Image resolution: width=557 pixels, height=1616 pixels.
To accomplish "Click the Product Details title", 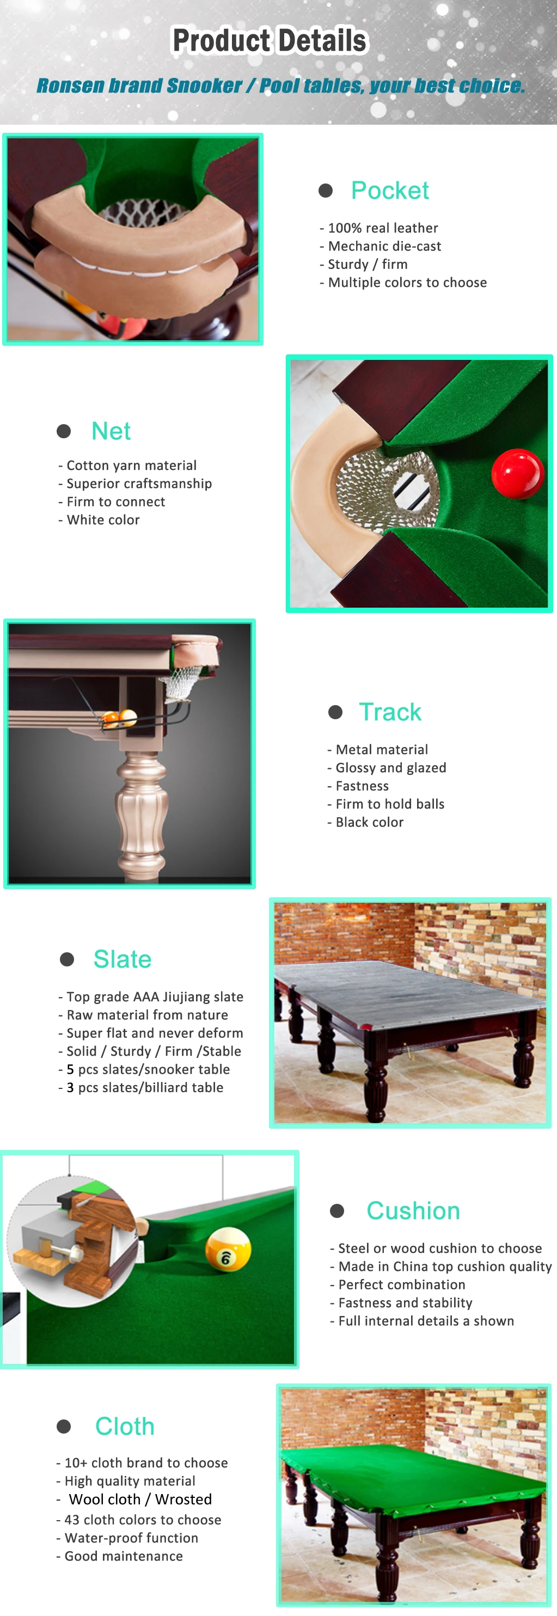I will (270, 41).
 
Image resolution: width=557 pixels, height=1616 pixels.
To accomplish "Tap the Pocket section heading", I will (389, 191).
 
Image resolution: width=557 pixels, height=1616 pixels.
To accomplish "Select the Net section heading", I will (111, 431).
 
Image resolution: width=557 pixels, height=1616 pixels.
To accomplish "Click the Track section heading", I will (389, 712).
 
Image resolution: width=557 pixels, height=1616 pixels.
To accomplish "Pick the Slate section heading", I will (123, 959).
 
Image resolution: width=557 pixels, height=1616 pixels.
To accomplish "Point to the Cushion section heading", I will (413, 1211).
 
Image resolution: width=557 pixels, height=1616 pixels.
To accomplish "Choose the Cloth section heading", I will (125, 1426).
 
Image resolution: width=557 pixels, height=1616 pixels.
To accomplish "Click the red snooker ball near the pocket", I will (516, 474).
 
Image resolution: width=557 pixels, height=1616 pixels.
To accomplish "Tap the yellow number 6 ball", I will (228, 1249).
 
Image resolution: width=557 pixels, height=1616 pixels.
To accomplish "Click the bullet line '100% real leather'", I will (383, 228).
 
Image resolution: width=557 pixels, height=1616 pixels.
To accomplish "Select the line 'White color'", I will (103, 520).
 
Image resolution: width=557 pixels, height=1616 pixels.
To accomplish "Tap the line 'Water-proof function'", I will (131, 1538).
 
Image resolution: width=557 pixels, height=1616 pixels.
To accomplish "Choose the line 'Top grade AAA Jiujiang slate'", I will (154, 997).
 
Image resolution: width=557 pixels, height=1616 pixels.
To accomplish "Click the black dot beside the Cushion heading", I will (337, 1211).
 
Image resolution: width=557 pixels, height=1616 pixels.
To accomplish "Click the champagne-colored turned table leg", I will (142, 809).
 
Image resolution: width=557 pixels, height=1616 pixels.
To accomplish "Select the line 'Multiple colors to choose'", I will (407, 283).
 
